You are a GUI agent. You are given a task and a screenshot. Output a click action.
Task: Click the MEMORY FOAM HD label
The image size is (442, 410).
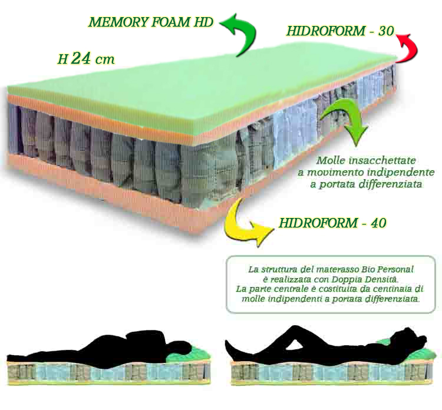[151, 22]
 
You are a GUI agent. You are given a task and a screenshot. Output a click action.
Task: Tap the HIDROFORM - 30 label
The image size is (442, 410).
[340, 31]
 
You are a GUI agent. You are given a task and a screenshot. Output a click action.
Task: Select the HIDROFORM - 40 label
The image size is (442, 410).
[332, 223]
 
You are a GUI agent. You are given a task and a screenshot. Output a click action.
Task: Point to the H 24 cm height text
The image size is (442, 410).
[86, 58]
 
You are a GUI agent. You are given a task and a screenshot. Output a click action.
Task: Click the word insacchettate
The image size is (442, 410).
[382, 160]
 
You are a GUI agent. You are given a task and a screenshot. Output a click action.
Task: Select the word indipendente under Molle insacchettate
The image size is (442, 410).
[401, 172]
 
